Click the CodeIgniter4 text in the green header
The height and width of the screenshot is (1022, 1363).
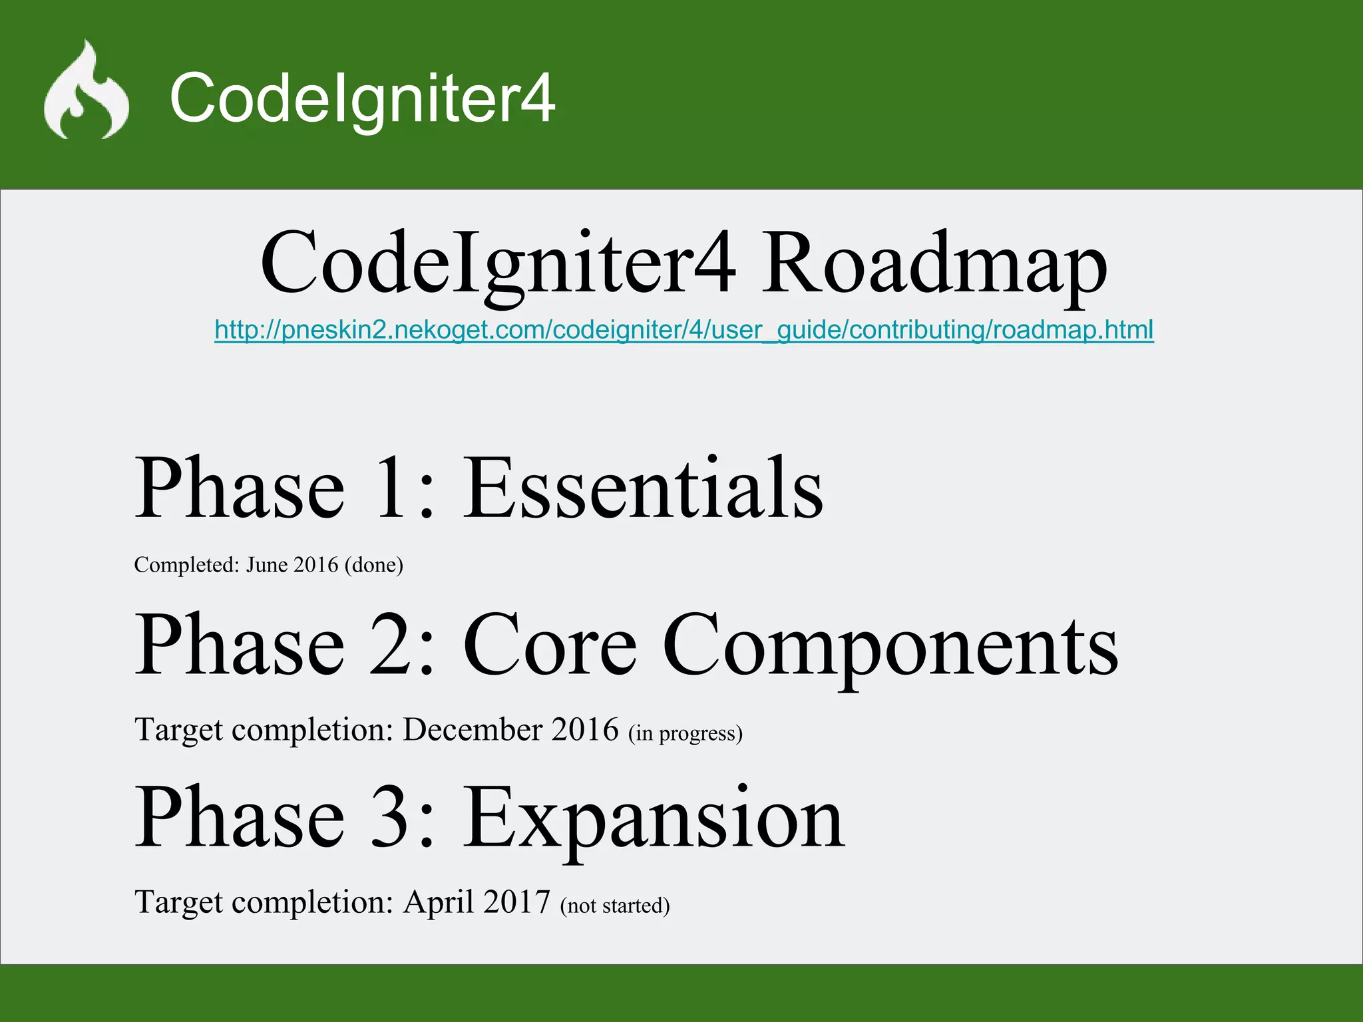click(x=362, y=98)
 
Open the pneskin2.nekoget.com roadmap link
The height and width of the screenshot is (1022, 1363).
click(x=683, y=330)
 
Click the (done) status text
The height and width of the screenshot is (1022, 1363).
click(x=373, y=565)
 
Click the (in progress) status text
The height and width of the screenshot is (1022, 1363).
click(x=685, y=733)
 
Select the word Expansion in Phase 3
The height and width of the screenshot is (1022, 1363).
click(x=654, y=818)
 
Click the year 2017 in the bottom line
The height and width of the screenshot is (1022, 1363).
click(x=517, y=902)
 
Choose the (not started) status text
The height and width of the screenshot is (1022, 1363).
click(x=615, y=906)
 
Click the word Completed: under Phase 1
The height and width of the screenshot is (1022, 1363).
click(x=186, y=565)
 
